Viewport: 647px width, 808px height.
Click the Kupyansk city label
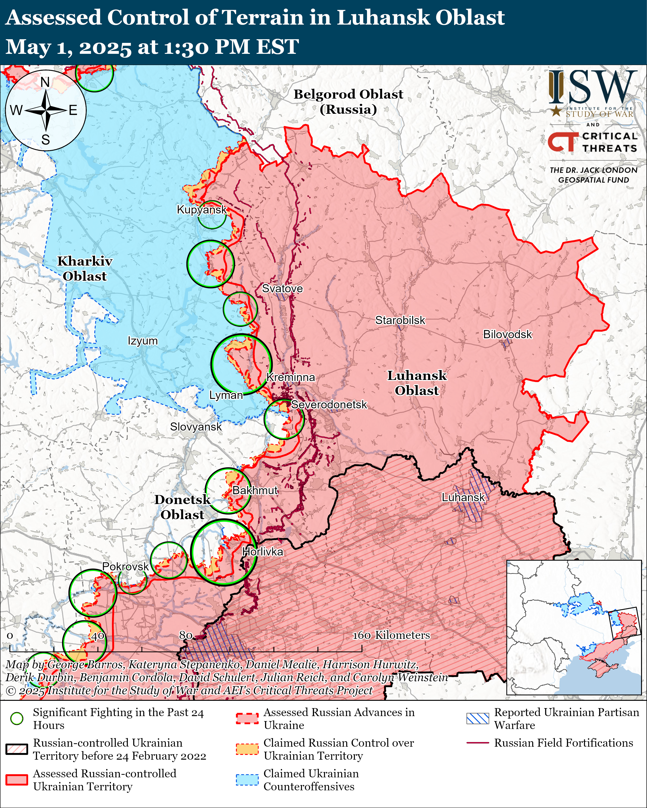point(202,210)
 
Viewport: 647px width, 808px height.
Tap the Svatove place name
point(282,288)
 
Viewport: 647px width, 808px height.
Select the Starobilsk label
point(400,320)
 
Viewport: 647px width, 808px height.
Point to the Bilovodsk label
point(507,334)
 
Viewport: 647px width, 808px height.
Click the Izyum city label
point(143,341)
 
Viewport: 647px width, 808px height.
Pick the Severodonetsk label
point(329,405)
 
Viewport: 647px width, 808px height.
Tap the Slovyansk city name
point(196,427)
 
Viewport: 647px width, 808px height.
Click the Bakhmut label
point(255,490)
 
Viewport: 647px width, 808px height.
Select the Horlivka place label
point(262,552)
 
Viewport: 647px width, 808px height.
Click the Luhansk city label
point(463,497)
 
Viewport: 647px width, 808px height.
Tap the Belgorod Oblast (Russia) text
point(348,101)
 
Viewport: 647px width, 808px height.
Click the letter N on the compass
point(45,82)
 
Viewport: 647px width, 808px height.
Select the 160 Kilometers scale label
point(391,635)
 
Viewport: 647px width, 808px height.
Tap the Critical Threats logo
point(593,142)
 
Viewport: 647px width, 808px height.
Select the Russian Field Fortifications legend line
point(477,743)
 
